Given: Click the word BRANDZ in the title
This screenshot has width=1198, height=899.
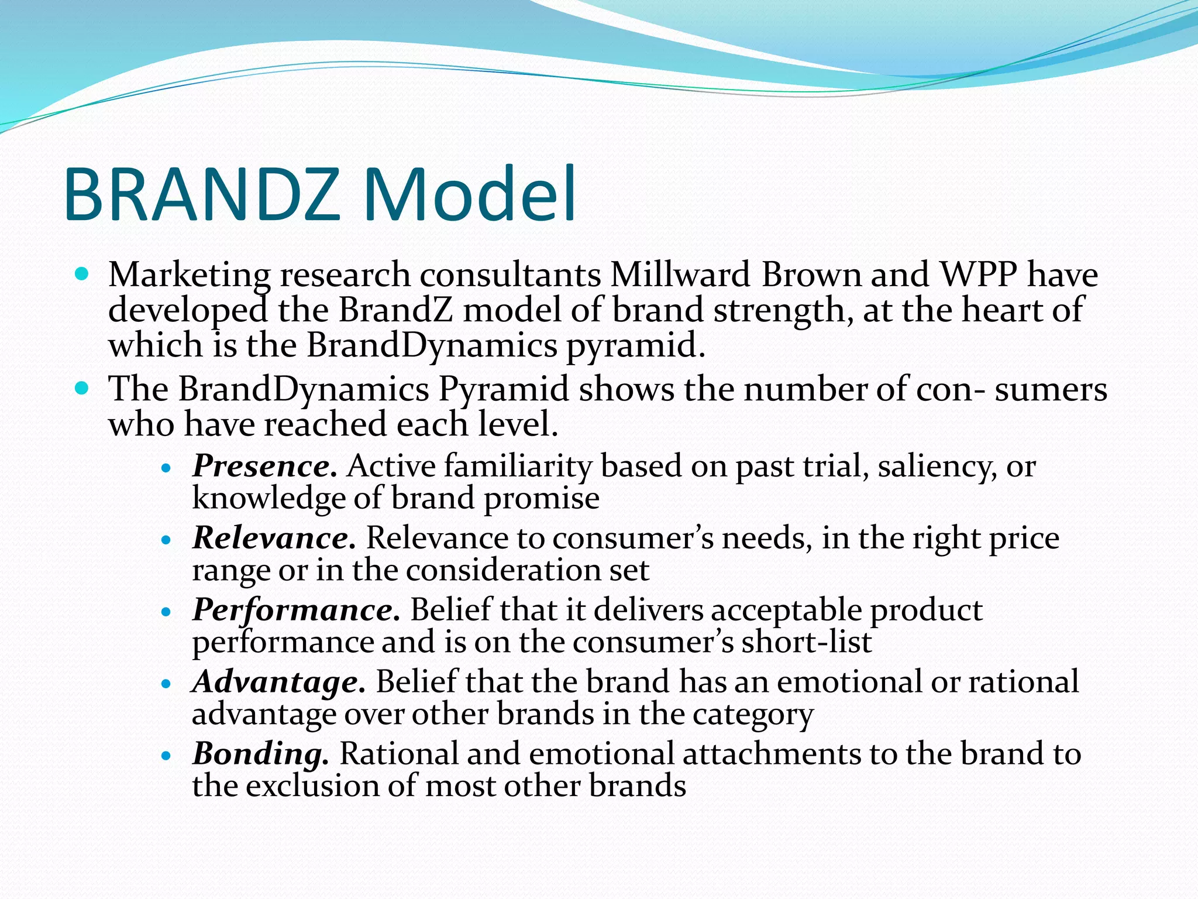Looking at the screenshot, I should click(202, 195).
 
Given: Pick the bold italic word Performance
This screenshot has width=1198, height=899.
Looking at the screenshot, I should click(296, 610).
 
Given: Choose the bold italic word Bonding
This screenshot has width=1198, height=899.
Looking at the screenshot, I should click(261, 754).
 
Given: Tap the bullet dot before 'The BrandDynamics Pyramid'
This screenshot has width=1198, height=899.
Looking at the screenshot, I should click(82, 387).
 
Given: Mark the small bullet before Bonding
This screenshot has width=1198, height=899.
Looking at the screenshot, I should click(167, 756).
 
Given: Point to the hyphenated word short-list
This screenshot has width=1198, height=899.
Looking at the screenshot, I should click(807, 642).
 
